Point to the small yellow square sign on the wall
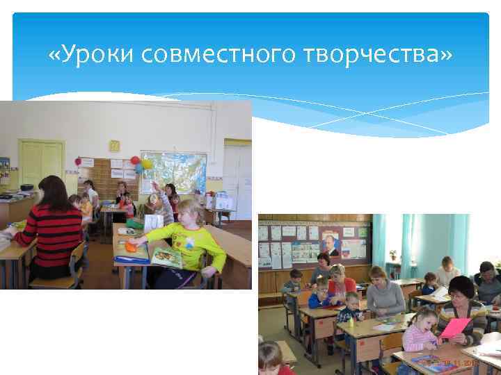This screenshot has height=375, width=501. click(114, 145)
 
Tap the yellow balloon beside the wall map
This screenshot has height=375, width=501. click(147, 164)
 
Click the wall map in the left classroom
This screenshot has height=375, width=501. click(174, 172)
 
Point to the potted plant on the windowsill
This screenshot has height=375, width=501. click(393, 256)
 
